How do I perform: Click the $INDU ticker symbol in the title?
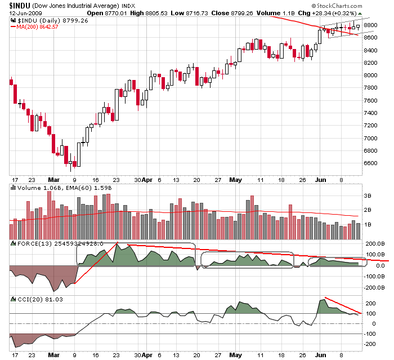[x=17, y=6]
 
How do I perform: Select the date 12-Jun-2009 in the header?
[x=20, y=14]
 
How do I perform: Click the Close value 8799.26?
[x=257, y=14]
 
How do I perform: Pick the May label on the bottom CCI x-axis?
[x=235, y=355]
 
